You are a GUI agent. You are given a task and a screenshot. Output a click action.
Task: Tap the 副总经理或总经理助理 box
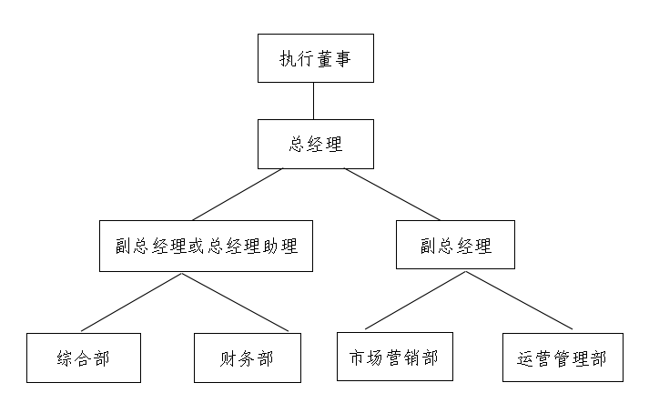coord(206,247)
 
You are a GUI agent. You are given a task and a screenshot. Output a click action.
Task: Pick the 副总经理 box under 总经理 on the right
coord(455,247)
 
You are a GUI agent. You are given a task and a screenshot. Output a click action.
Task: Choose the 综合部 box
coord(83,358)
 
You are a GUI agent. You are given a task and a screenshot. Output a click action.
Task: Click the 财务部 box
coord(248,358)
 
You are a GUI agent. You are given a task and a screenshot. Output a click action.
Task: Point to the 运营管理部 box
coord(562,358)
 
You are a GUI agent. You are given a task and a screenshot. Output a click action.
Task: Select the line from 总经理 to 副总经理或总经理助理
coord(238,196)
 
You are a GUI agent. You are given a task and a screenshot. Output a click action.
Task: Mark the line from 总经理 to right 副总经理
coord(391,195)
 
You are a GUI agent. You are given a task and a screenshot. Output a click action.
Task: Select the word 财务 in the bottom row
coord(238,358)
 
